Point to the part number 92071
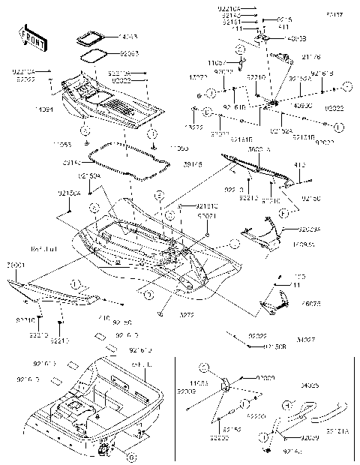click(207, 216)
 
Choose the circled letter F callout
click(283, 214)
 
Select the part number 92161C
click(207, 205)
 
